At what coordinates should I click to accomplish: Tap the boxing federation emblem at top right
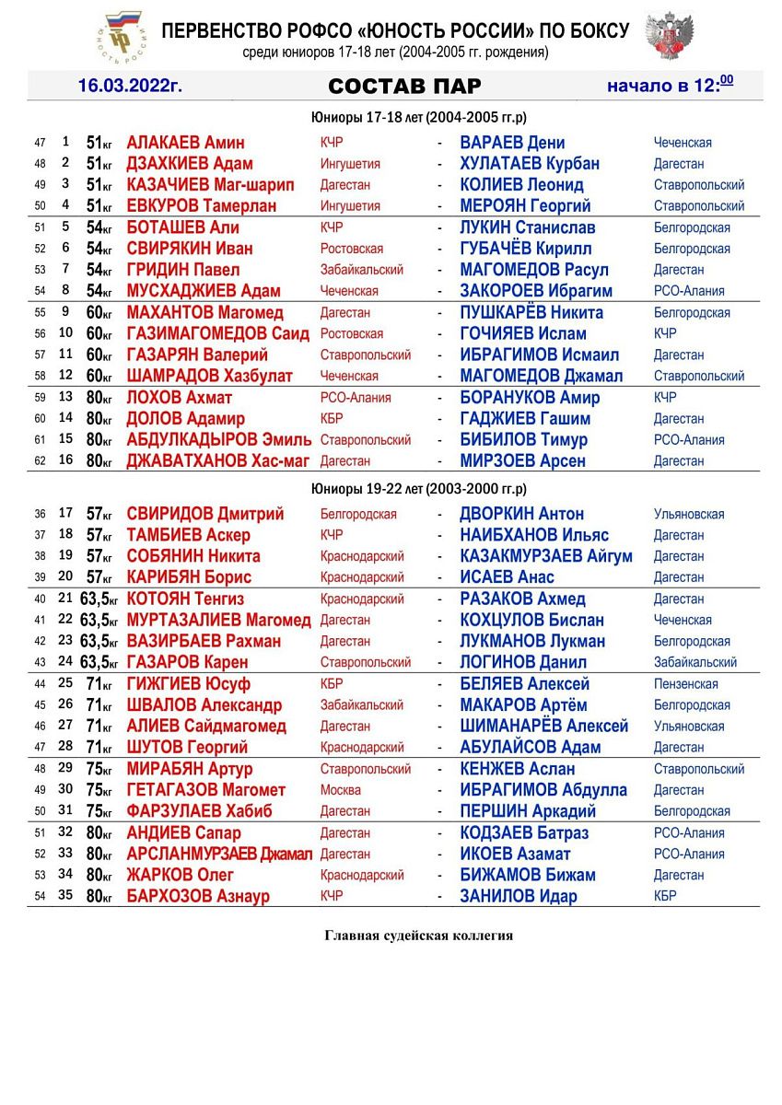tap(669, 37)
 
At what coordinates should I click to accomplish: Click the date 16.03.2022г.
tap(130, 87)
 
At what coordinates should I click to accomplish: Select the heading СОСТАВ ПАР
tap(404, 87)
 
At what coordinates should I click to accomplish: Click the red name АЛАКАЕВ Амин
tap(185, 143)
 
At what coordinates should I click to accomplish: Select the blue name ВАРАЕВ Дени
tap(512, 143)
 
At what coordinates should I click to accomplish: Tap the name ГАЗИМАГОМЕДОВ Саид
tap(217, 333)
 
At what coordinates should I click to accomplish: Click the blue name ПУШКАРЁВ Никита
tap(531, 312)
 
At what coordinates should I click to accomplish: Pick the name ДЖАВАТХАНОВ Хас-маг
tap(217, 460)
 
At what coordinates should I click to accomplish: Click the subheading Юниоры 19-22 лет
tap(418, 489)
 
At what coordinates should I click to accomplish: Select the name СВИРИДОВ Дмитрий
tap(204, 514)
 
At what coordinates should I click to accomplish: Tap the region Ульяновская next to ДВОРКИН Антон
tap(688, 514)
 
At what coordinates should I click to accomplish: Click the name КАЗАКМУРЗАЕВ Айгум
tap(546, 556)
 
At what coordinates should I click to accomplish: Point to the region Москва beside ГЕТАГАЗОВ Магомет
tap(340, 790)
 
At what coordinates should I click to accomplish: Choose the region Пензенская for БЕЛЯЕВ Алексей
tap(685, 684)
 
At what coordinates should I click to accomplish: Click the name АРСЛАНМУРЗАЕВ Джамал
tap(219, 854)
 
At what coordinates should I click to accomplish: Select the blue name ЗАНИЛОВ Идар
tap(519, 896)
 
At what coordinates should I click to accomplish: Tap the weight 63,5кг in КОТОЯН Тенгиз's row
tap(99, 599)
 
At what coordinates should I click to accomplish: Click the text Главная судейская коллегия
tap(418, 936)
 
